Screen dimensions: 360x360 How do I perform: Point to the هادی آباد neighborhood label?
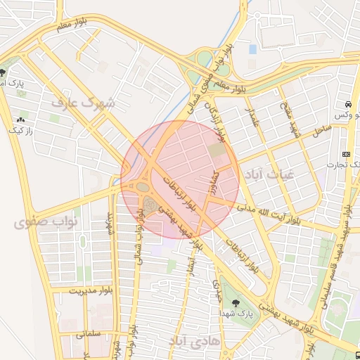click(195, 340)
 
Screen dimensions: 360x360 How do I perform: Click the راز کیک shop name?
click(20, 130)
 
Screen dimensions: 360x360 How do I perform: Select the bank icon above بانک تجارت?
click(346, 154)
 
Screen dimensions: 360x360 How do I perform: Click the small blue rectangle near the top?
click(252, 49)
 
